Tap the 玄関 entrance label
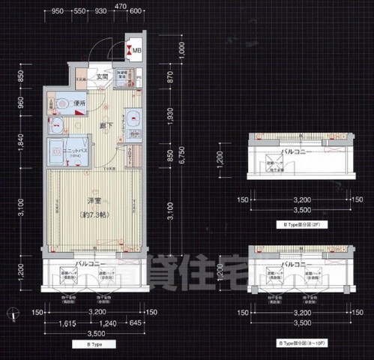[103, 76]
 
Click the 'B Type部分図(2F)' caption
[298, 225]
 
